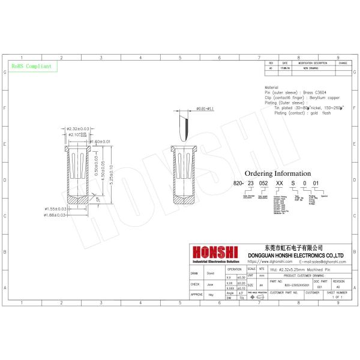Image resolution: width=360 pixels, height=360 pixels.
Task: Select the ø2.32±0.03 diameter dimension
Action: click(x=77, y=128)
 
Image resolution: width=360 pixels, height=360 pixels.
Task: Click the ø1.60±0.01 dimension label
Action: click(x=100, y=142)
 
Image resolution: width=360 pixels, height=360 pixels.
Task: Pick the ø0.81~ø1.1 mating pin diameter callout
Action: click(x=205, y=108)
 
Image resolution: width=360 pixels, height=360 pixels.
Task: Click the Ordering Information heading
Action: click(x=278, y=173)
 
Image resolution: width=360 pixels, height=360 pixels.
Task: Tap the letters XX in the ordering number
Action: click(x=278, y=184)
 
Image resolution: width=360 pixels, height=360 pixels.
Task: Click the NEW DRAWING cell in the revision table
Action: click(x=310, y=68)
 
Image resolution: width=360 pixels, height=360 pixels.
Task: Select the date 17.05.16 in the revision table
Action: click(x=286, y=68)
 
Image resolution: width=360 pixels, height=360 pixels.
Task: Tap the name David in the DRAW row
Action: click(x=210, y=274)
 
